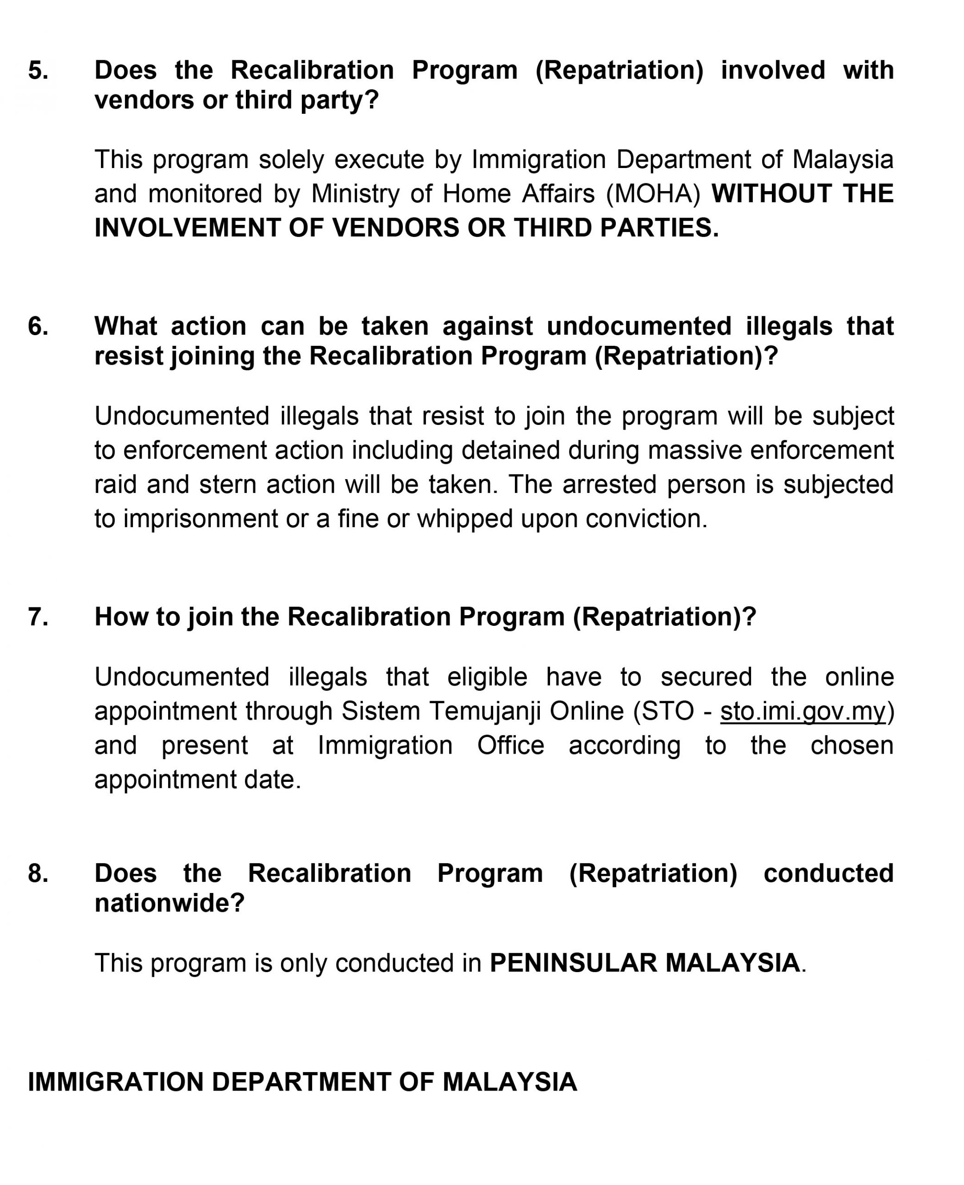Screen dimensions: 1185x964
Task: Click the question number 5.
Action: (38, 70)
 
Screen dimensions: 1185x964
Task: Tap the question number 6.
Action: (38, 326)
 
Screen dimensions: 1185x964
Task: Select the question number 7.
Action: (38, 617)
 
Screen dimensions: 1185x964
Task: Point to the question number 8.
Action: (38, 873)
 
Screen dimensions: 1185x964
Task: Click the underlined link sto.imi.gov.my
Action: (802, 711)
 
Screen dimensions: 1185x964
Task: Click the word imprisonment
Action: (200, 519)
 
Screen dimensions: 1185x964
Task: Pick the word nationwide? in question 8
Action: (169, 903)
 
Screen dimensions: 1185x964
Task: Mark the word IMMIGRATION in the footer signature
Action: (115, 1082)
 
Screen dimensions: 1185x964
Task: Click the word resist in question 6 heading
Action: (128, 356)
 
